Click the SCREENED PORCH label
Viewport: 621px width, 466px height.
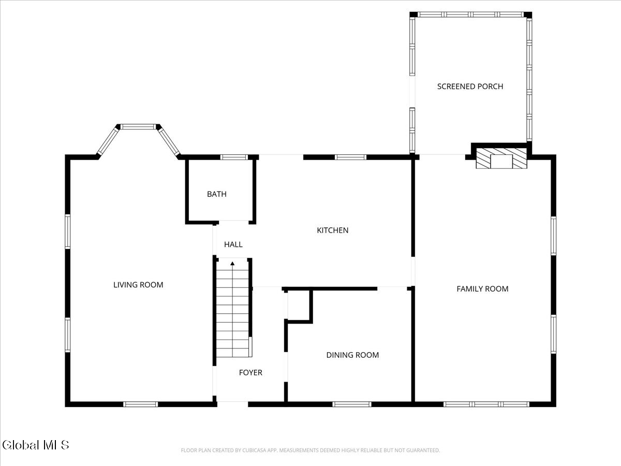tap(470, 86)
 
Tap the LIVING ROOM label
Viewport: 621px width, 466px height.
tap(138, 285)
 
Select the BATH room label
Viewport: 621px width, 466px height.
tap(217, 194)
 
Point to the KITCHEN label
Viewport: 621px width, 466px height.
tap(333, 230)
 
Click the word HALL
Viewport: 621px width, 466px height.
tap(233, 244)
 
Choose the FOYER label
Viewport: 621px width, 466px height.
tap(250, 373)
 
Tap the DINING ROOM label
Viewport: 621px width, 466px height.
tap(352, 355)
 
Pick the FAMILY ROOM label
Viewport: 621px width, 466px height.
tap(482, 289)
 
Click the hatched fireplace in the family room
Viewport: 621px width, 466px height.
tap(501, 159)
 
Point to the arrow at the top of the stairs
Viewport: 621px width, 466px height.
tap(232, 264)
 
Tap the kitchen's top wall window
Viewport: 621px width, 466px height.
tap(350, 157)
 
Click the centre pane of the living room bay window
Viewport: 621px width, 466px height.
tap(138, 126)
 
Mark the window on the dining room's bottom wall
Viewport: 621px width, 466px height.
tap(351, 404)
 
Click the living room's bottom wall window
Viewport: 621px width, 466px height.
tap(140, 404)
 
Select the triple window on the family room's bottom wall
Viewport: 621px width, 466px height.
tap(486, 404)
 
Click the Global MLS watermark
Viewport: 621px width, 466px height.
tap(36, 445)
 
